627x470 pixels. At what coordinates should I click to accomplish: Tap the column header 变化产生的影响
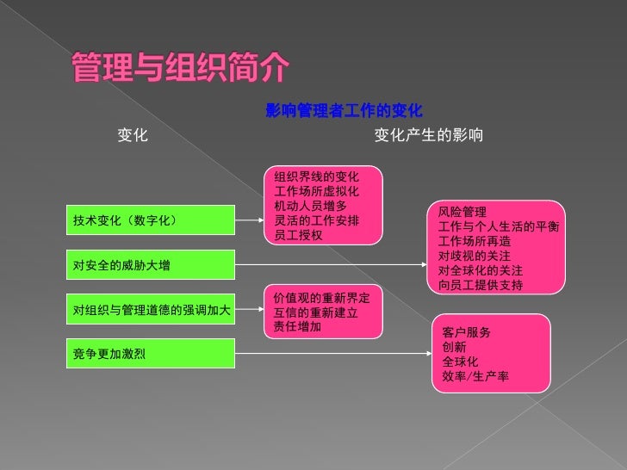(x=428, y=136)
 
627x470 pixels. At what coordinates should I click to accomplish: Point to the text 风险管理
(x=462, y=212)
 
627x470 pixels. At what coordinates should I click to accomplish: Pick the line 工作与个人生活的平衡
(x=498, y=226)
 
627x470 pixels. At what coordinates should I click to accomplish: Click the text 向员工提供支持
(x=480, y=285)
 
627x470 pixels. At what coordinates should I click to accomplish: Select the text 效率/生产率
(x=475, y=376)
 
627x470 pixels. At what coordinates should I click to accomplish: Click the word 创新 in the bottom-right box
(x=455, y=347)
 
